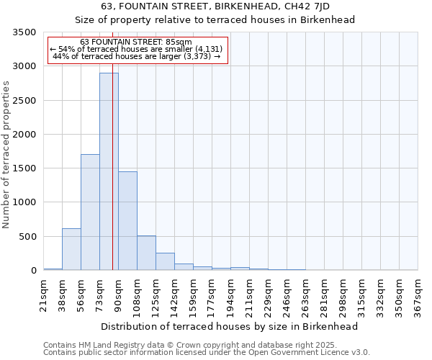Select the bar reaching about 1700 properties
pos(90,212)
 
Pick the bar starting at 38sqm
pos(71,249)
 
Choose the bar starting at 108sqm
pos(146,253)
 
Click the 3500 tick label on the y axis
pos(24,32)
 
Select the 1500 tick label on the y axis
pos(24,168)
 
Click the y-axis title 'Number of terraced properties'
pos(6,154)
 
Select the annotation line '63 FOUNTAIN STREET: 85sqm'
pos(136,42)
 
